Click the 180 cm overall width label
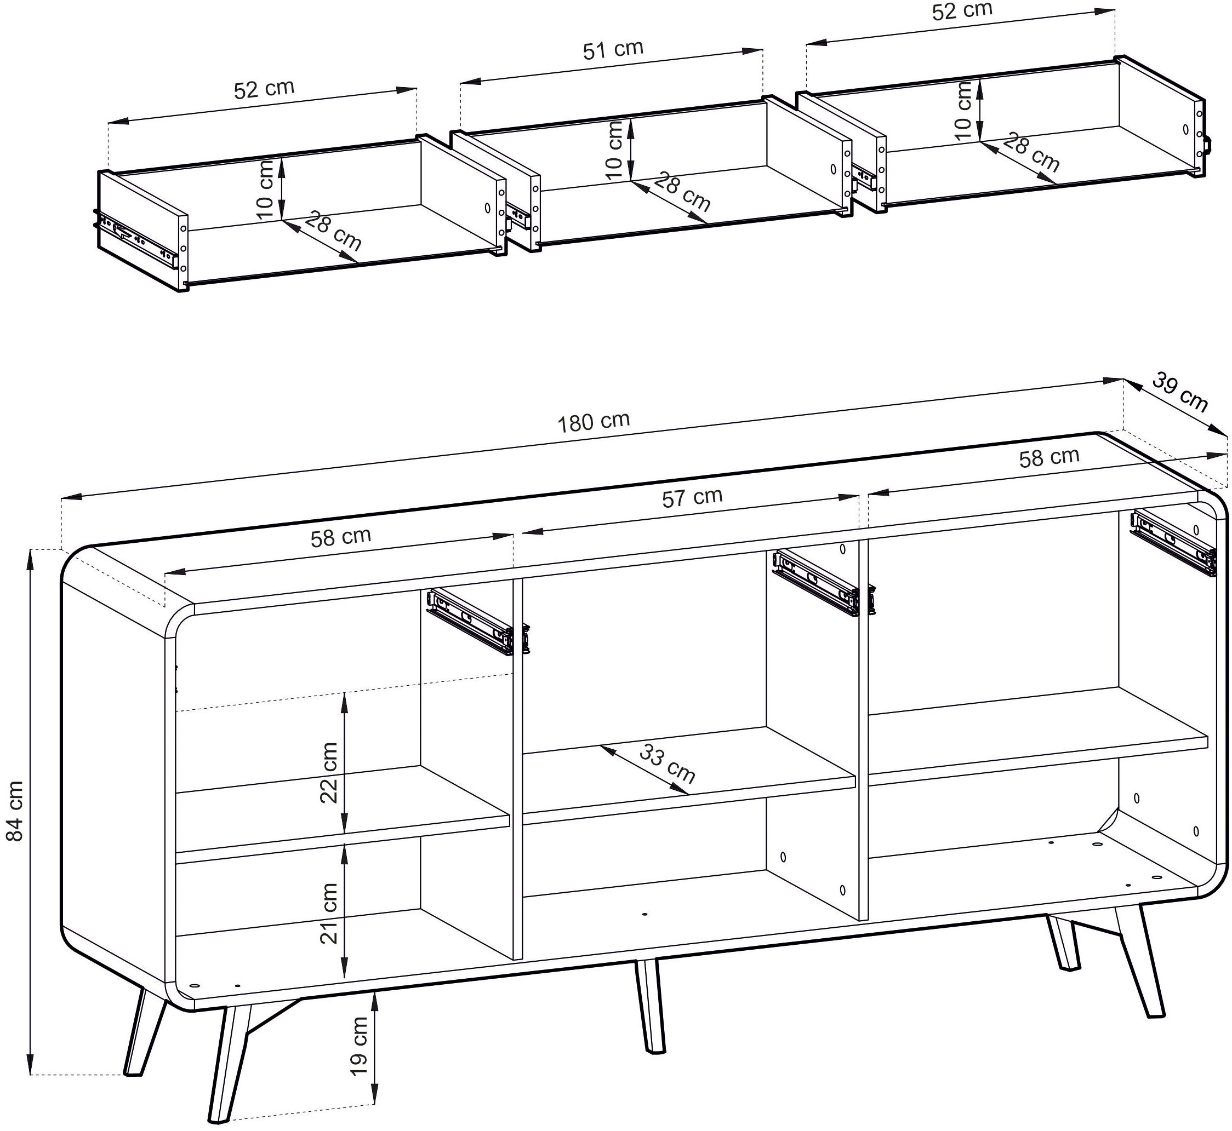point(593,422)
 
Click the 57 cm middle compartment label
point(692,497)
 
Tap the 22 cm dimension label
point(329,772)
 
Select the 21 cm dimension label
point(329,914)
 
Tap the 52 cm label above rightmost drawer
point(962,12)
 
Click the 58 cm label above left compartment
point(340,537)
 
